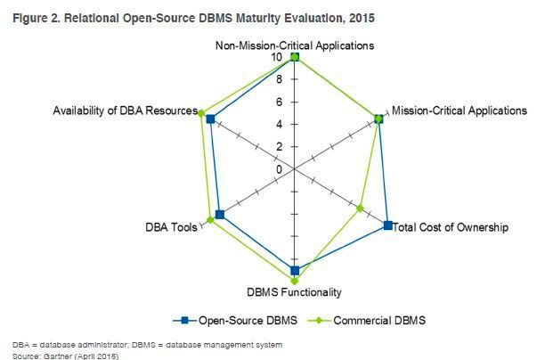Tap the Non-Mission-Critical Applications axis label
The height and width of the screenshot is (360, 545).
(x=295, y=45)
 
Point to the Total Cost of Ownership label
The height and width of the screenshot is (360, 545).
(x=451, y=227)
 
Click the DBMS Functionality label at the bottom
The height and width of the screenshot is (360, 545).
(x=295, y=291)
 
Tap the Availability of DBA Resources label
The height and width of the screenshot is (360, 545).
(x=125, y=110)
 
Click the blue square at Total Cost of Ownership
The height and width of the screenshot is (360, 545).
(x=387, y=225)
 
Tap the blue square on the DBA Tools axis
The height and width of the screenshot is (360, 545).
(x=220, y=215)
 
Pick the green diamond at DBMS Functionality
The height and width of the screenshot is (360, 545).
(x=295, y=280)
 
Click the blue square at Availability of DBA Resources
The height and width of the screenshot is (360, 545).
(x=210, y=119)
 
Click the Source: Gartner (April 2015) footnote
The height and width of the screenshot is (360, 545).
(x=65, y=356)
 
